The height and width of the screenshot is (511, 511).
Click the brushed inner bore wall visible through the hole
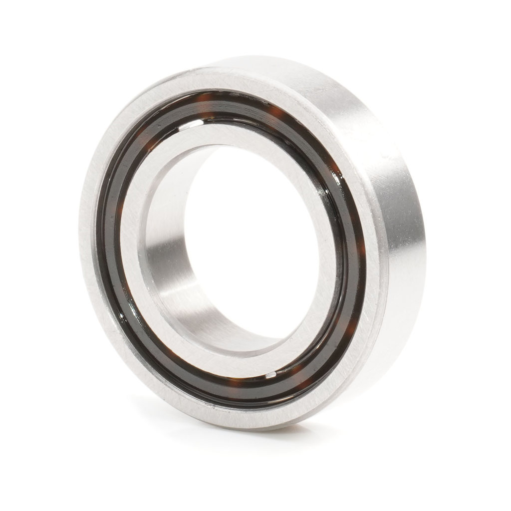[170, 259]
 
